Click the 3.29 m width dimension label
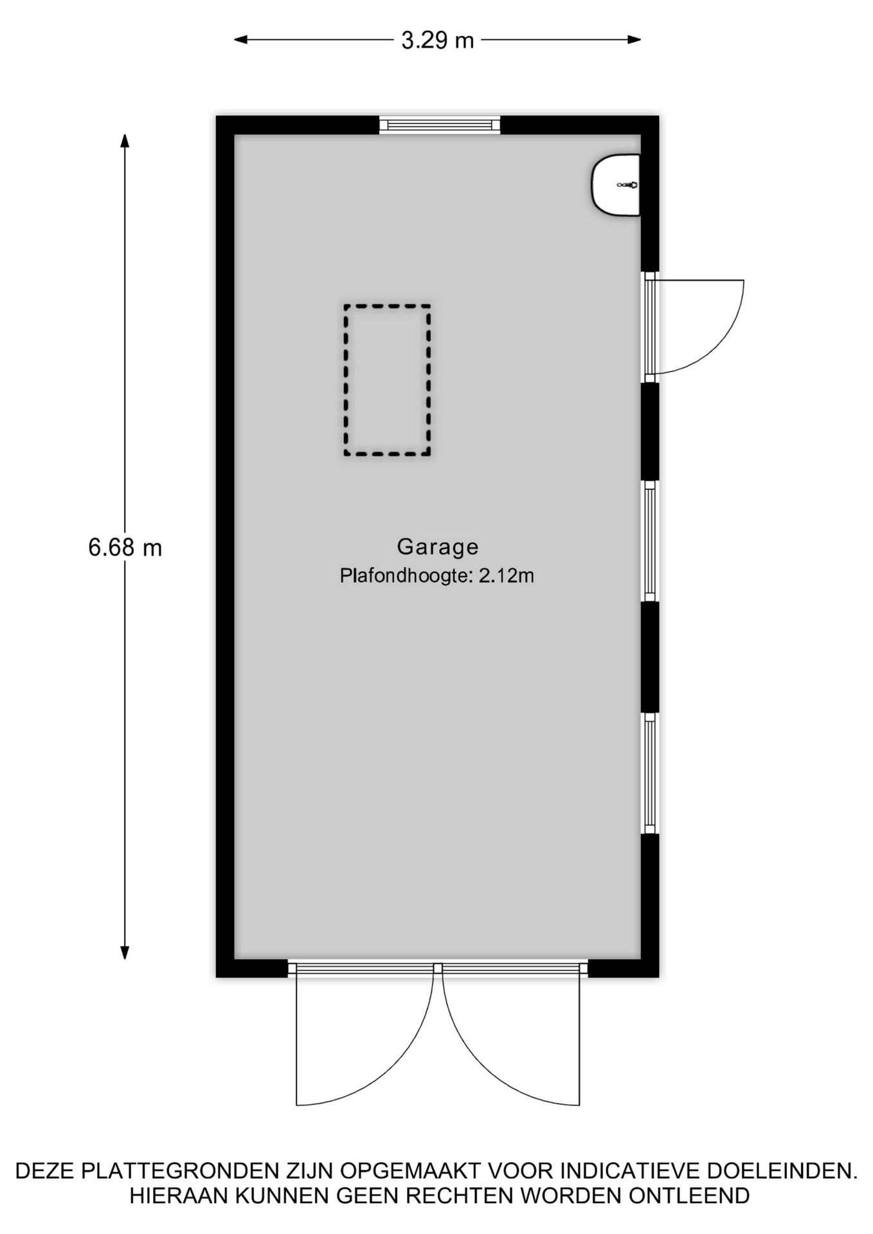point(437,40)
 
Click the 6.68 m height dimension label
point(125,548)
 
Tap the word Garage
point(438,547)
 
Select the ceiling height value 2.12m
point(506,576)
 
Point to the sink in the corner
point(616,185)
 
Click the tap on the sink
point(628,185)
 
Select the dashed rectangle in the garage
point(387,380)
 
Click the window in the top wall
point(440,125)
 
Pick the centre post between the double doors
point(438,968)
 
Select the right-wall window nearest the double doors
point(650,773)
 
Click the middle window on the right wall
point(650,541)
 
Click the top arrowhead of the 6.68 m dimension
point(125,140)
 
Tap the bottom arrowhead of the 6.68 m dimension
point(125,952)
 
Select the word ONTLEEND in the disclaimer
point(690,1197)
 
